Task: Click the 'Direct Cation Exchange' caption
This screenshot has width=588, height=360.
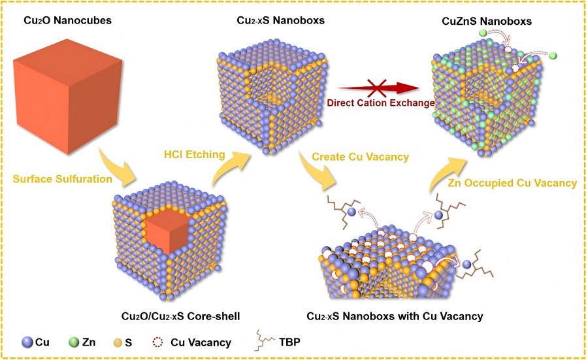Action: pos(380,103)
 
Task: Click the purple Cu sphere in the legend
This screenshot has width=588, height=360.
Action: pos(25,342)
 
